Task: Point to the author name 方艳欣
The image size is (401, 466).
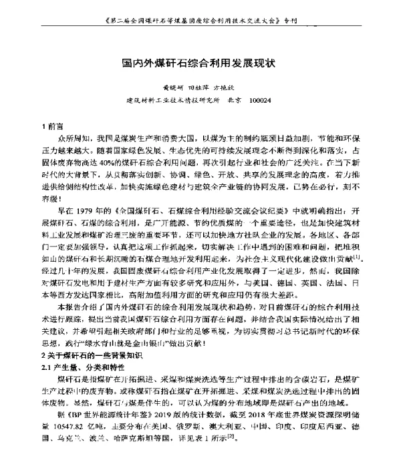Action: [225, 87]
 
